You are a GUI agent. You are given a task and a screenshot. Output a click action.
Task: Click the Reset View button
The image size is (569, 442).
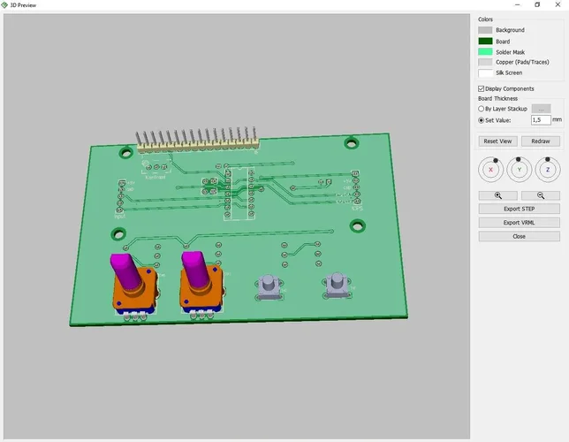point(497,141)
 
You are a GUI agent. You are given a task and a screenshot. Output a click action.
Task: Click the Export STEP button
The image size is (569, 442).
point(519,209)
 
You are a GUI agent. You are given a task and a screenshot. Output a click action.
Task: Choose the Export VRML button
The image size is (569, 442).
point(519,223)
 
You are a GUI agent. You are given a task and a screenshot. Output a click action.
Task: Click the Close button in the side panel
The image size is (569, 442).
point(519,237)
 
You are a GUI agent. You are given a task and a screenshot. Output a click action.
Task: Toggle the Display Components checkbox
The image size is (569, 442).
point(481,89)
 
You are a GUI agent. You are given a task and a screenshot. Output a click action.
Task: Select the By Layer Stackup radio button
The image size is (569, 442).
point(481,109)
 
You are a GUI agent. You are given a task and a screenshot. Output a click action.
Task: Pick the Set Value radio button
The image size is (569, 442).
point(481,119)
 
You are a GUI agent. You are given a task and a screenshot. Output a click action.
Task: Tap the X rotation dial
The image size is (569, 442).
point(491,168)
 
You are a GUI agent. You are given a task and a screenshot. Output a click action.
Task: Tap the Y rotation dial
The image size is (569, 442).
point(520,168)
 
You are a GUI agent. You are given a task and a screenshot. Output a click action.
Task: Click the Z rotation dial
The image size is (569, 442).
point(548,168)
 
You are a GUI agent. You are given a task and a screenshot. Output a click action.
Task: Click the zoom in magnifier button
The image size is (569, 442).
point(497,195)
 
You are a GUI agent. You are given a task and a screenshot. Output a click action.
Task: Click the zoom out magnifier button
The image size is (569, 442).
point(540,195)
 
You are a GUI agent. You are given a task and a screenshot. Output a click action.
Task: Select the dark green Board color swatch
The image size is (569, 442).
point(484,41)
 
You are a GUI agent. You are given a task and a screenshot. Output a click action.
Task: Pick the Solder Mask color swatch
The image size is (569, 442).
point(484,51)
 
